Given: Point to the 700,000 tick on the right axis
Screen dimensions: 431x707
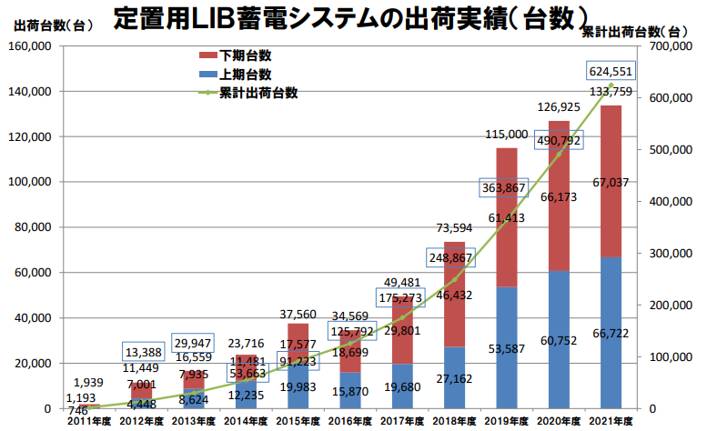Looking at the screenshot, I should click(670, 46).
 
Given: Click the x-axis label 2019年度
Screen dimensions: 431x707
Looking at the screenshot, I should click(507, 420).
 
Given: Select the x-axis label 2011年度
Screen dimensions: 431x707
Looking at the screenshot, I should click(88, 420).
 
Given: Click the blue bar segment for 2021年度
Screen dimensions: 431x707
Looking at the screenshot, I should click(611, 333).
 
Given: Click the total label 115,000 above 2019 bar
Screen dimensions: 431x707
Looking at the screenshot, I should click(507, 135).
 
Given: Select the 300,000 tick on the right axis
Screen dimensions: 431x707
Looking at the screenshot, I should click(670, 253).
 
